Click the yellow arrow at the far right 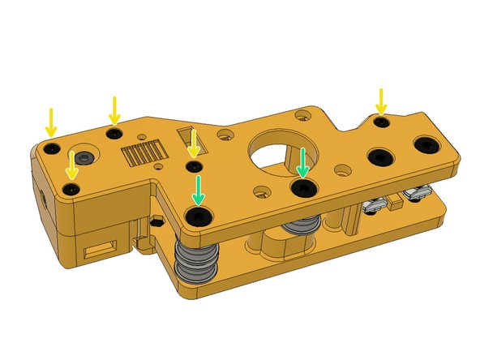[380, 101]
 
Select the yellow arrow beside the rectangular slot [193, 145]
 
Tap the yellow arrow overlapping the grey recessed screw [72, 164]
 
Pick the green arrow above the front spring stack [198, 190]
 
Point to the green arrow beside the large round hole [302, 162]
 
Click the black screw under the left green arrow [197, 215]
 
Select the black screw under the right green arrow [303, 188]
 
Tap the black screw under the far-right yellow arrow [379, 122]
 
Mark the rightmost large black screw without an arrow [424, 144]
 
